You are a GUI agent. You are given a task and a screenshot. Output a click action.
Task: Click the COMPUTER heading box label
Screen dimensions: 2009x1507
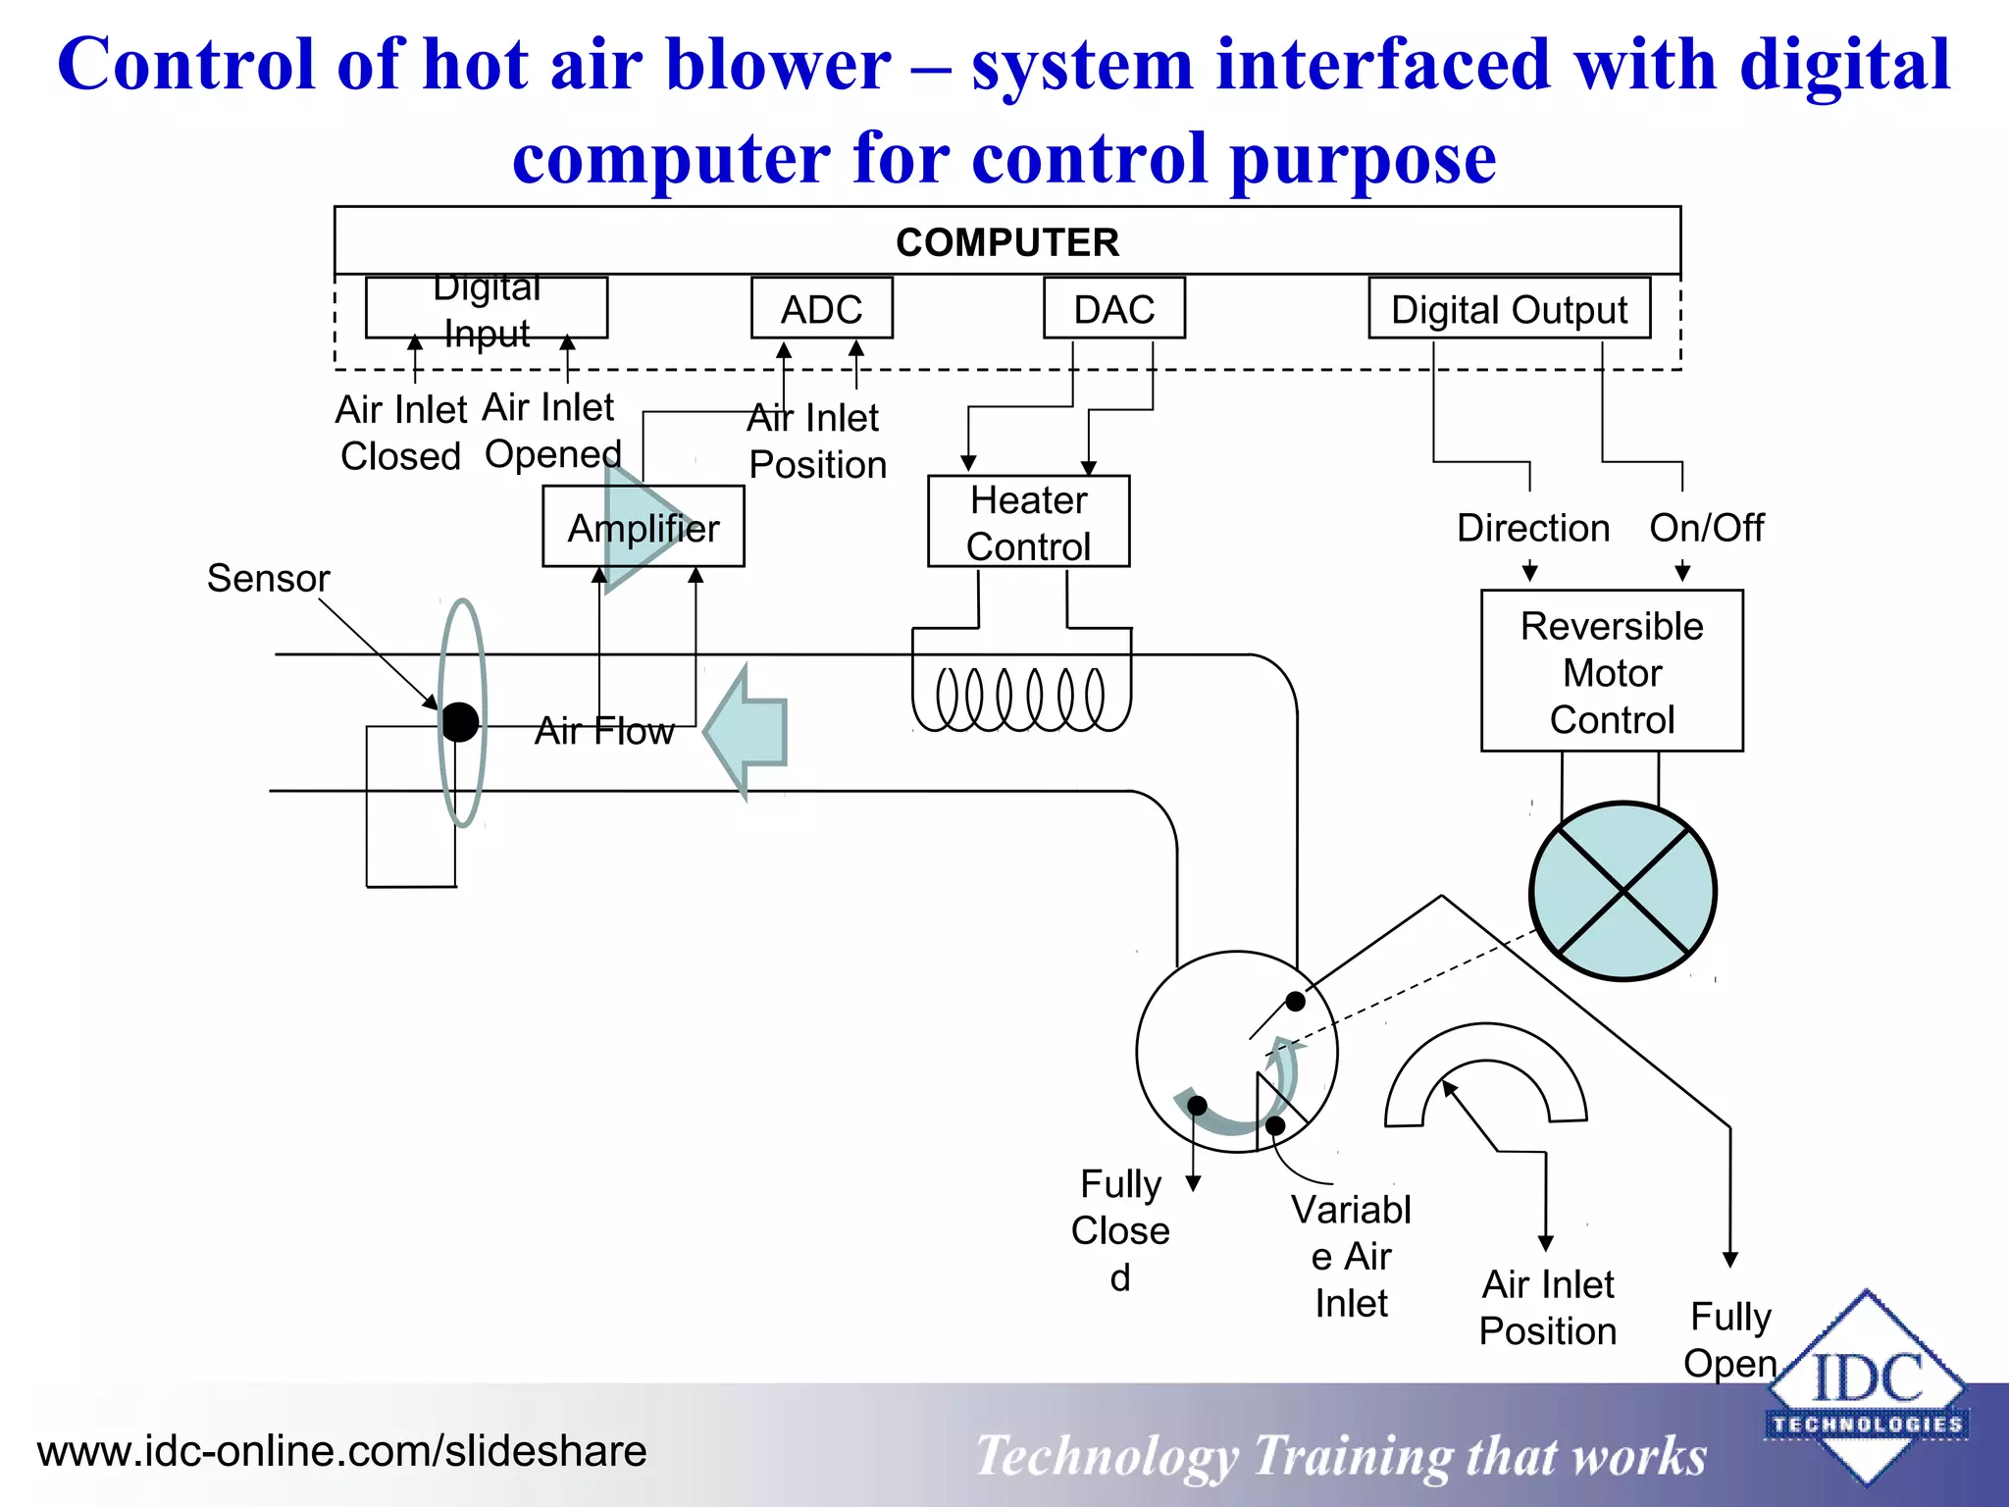[x=1007, y=242]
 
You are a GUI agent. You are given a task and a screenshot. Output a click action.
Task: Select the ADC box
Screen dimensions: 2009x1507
[x=821, y=309]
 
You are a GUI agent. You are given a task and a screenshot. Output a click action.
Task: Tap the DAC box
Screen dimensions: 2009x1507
[x=1113, y=309]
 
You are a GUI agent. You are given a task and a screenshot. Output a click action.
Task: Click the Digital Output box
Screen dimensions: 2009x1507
[x=1509, y=309]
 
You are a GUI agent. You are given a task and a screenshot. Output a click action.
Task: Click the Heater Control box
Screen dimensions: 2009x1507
[x=1028, y=522]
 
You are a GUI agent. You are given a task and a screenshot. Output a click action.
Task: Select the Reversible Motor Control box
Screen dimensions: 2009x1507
[x=1612, y=672]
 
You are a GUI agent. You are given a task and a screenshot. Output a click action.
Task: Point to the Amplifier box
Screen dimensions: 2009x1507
[x=643, y=528]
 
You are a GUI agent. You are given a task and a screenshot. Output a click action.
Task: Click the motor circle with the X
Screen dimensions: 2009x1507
[x=1623, y=891]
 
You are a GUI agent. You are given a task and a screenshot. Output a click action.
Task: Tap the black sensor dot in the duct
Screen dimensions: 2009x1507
[x=459, y=722]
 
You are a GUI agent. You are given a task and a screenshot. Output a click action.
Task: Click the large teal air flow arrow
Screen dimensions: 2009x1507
[x=750, y=731]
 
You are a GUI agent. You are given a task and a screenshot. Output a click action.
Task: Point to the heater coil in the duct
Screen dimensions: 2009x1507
[x=1020, y=699]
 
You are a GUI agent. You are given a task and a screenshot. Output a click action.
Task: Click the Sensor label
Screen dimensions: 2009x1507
[x=268, y=578]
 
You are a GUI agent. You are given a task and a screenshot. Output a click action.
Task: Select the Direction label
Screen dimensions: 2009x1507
[x=1532, y=528]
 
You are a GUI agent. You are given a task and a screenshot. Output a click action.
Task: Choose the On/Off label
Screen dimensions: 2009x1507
[x=1706, y=528]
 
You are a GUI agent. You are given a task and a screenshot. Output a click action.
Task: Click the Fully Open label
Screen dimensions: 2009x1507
[x=1730, y=1339]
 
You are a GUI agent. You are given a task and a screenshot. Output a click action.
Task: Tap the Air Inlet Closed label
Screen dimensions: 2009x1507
[x=400, y=433]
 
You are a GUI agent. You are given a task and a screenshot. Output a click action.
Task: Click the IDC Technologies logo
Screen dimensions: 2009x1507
[x=1866, y=1388]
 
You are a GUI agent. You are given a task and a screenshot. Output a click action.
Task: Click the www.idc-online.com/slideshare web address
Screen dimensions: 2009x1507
[x=341, y=1451]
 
